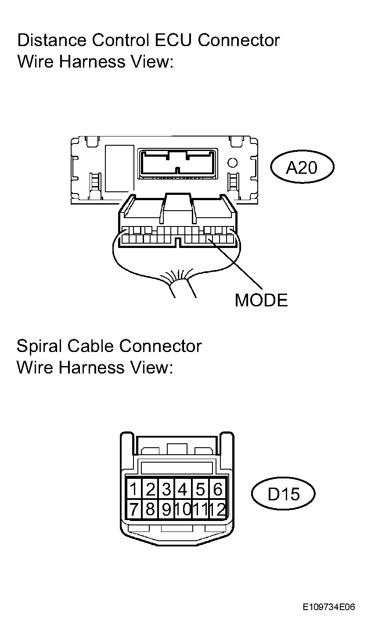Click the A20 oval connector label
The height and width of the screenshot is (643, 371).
(302, 167)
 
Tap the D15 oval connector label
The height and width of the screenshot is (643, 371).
(283, 494)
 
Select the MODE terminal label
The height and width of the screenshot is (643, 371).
(261, 300)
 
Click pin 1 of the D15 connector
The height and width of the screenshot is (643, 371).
(133, 489)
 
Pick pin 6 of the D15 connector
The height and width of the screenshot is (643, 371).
(217, 489)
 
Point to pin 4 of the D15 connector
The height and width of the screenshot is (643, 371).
(183, 489)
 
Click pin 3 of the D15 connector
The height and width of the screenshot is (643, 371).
(166, 489)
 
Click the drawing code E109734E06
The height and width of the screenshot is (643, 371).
(329, 613)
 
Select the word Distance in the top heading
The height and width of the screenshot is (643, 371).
(52, 40)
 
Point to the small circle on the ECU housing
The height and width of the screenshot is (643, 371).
(232, 163)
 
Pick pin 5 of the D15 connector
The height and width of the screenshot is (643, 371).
(200, 489)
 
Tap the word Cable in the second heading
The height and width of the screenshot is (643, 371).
(90, 346)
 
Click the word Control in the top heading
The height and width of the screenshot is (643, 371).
(120, 40)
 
